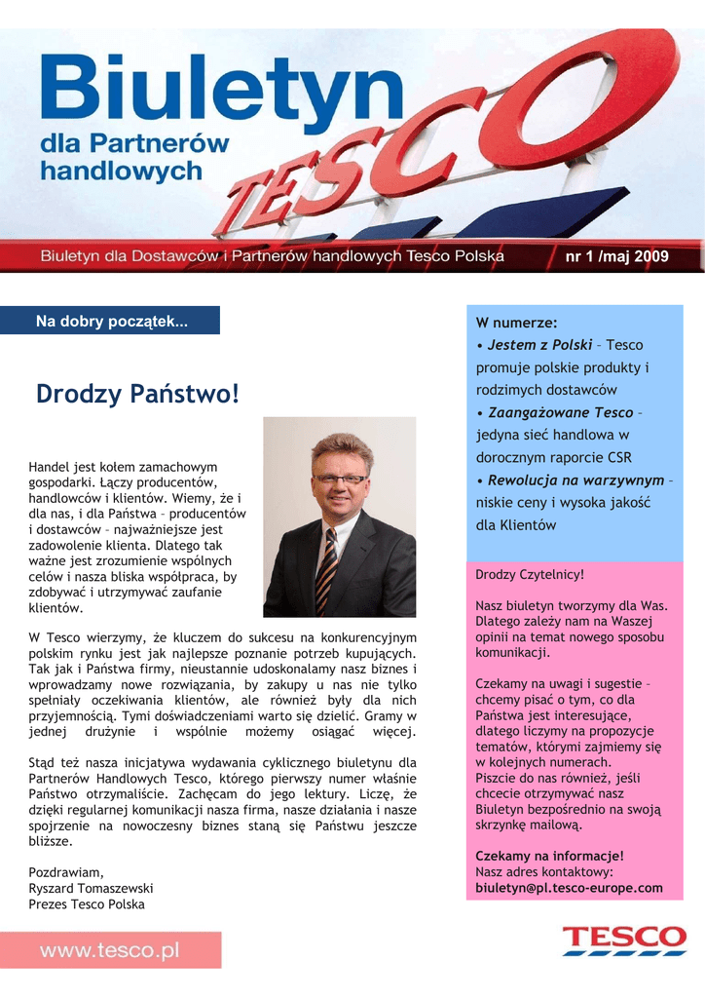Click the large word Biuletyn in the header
tap(220, 87)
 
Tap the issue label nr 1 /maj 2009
tap(617, 256)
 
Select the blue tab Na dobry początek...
tap(112, 321)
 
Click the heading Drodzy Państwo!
tap(136, 395)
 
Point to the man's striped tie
tap(328, 569)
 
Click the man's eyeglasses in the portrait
tap(340, 479)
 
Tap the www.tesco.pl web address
tap(109, 950)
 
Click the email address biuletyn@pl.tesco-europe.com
tap(569, 888)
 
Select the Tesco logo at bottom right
tap(623, 941)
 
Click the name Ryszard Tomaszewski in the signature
tap(91, 888)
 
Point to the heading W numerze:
tap(516, 323)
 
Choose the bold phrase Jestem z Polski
tap(539, 345)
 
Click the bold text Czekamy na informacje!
tap(549, 856)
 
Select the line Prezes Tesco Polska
tap(87, 903)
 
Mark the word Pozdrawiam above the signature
tap(65, 872)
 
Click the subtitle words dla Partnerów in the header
tap(134, 142)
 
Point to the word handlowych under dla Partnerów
tap(121, 172)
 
